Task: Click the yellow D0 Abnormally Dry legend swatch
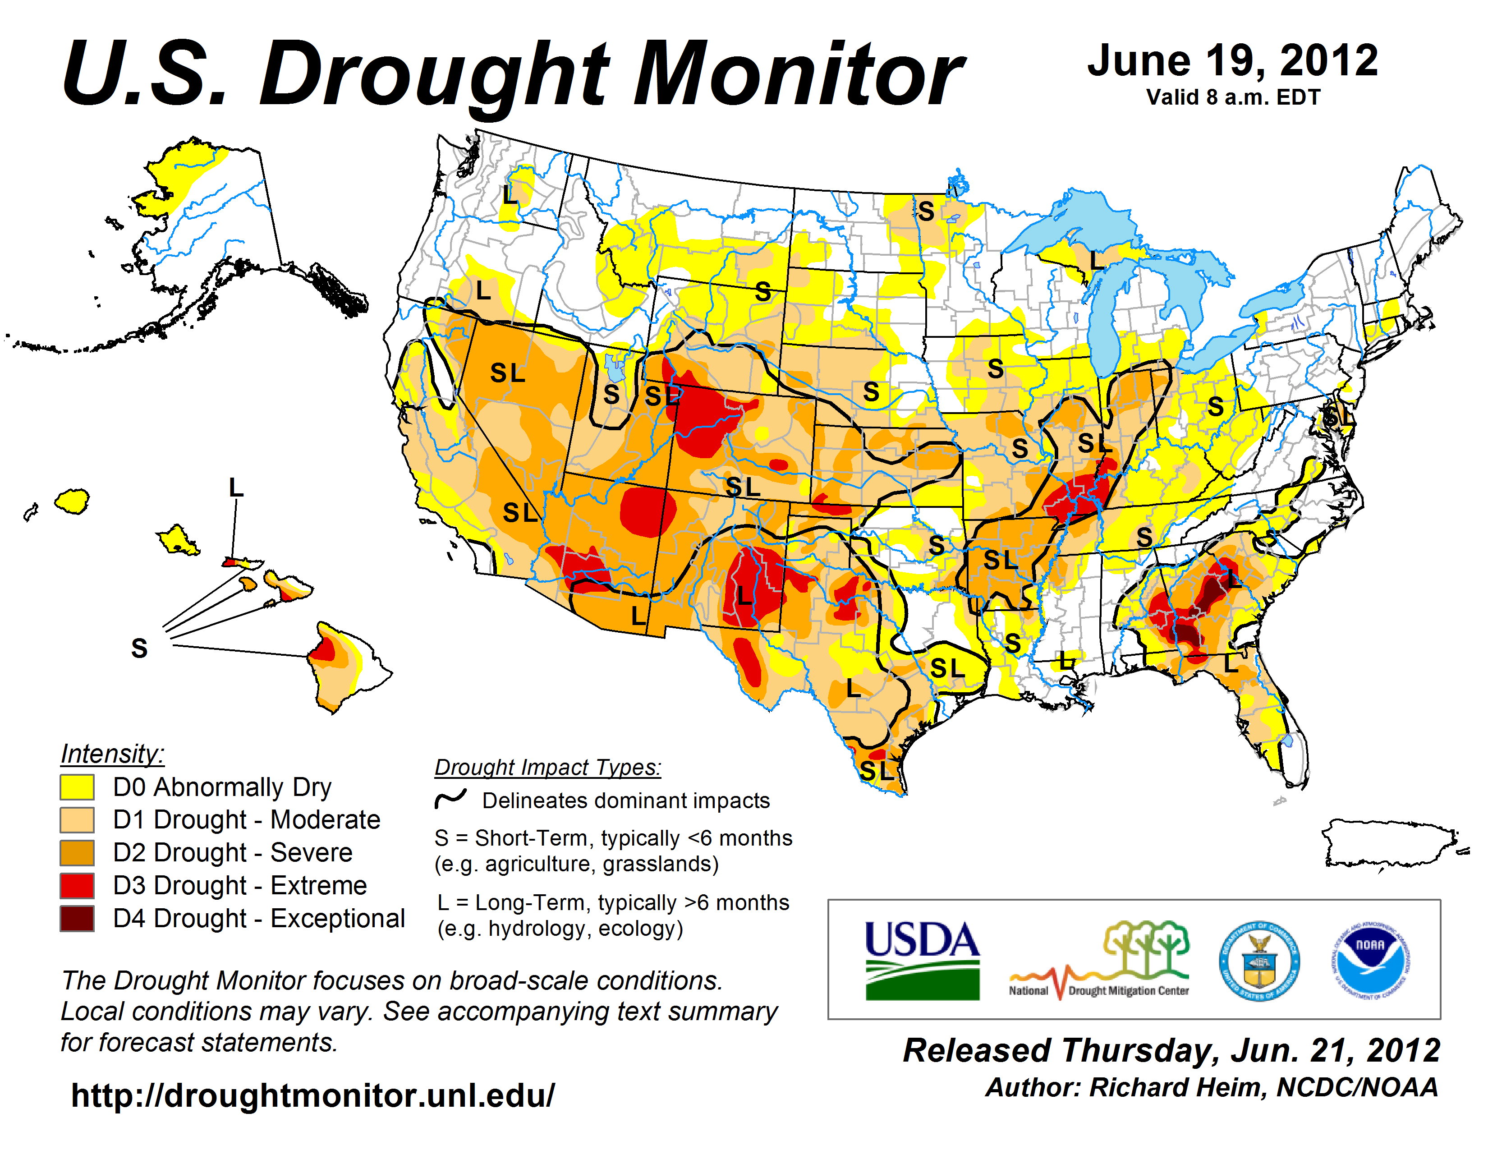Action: coord(76,787)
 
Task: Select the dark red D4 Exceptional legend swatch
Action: coord(76,918)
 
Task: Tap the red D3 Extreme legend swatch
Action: coord(76,886)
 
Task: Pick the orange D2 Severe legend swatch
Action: coord(76,853)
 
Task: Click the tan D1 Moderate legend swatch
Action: coord(76,819)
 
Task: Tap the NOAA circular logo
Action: coord(1370,961)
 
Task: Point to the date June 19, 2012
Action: coord(1232,61)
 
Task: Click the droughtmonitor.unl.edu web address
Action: coord(313,1095)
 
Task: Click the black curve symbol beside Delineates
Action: coord(450,798)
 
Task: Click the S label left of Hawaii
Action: coord(139,648)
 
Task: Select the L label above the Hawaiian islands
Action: coord(236,488)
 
